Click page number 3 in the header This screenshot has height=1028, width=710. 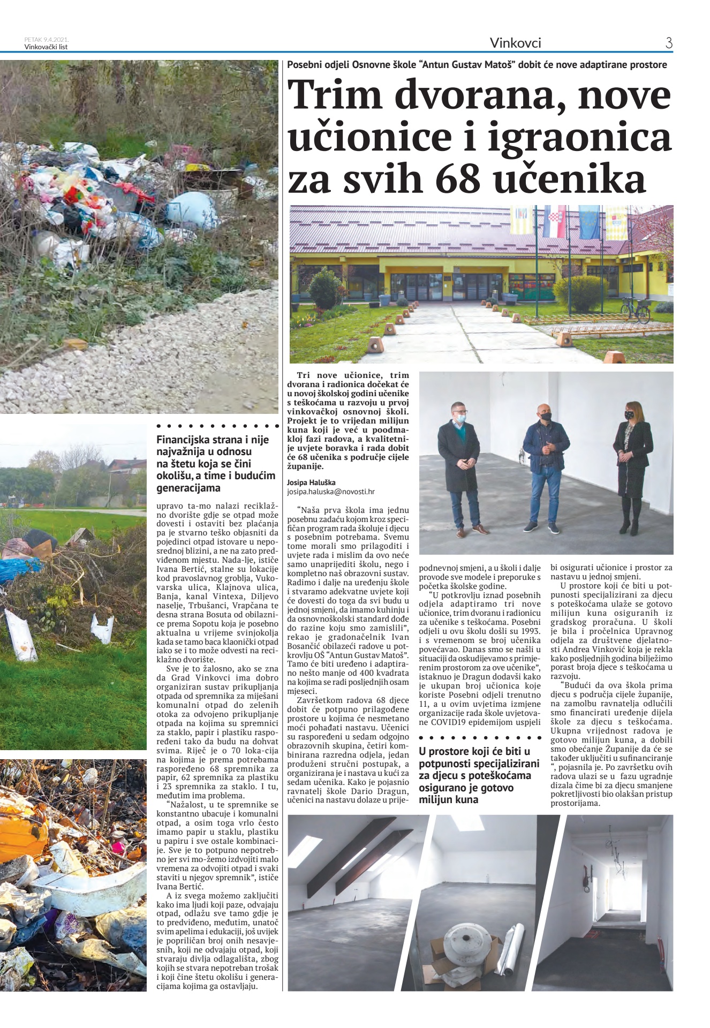point(669,43)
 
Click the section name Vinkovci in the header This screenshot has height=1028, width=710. point(515,43)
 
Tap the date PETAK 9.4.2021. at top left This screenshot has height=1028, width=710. point(47,40)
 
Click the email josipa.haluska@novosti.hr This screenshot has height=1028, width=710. point(330,491)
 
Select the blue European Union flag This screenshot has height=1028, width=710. point(588,222)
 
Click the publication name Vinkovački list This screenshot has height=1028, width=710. point(46,47)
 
